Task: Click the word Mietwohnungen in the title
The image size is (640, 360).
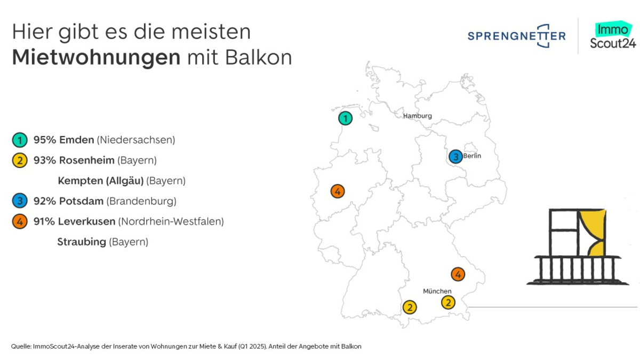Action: (x=96, y=58)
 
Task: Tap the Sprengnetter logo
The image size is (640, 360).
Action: (x=516, y=36)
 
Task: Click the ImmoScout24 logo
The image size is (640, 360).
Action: (x=613, y=36)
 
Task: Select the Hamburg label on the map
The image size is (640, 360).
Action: (x=417, y=116)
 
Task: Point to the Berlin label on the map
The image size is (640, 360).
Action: (x=472, y=156)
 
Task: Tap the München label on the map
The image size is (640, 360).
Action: (x=437, y=291)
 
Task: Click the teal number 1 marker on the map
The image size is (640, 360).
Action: (x=346, y=118)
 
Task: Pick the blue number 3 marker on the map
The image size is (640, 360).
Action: (x=455, y=157)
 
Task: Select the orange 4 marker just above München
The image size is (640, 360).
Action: (x=458, y=274)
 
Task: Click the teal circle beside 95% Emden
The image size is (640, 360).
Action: (x=19, y=140)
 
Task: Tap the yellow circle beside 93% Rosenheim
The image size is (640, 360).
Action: (x=19, y=161)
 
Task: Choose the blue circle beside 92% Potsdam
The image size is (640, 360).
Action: (x=19, y=201)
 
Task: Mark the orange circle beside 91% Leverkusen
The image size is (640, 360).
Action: (x=19, y=221)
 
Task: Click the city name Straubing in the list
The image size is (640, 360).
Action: (x=82, y=242)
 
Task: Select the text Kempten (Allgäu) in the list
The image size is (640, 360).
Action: (x=101, y=181)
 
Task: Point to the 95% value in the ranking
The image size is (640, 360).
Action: (x=44, y=140)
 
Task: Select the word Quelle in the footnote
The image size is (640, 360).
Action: (x=20, y=347)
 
